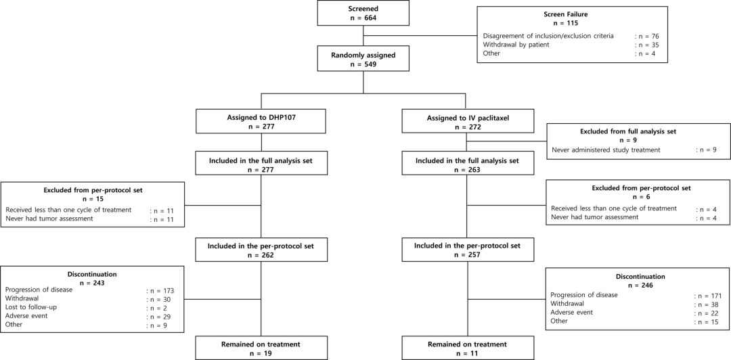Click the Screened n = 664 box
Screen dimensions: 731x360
tap(363, 14)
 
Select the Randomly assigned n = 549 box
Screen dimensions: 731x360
tap(363, 59)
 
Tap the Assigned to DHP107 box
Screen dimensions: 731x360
tap(261, 121)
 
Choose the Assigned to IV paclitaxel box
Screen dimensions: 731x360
tap(466, 121)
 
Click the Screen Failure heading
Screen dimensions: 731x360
tap(570, 14)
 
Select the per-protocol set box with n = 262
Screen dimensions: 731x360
tap(261, 250)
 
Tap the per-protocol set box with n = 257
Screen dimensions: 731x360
tap(466, 250)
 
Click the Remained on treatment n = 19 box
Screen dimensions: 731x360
tap(261, 348)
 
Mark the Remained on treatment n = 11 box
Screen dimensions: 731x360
tap(466, 348)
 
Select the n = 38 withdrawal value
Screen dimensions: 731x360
tap(706, 304)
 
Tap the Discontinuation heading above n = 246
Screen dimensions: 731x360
tap(634, 277)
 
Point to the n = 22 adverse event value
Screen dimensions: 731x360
tap(706, 313)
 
